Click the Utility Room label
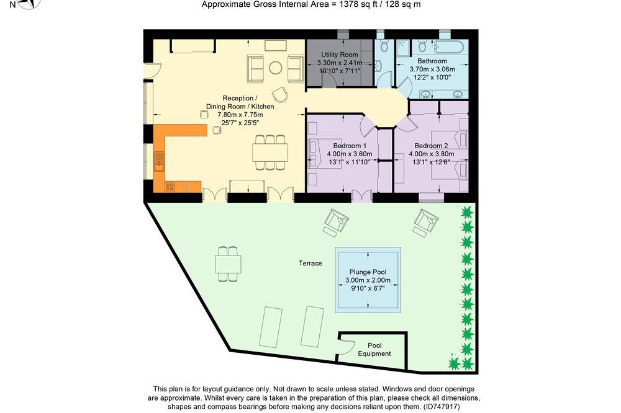(340, 55)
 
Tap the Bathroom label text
(432, 61)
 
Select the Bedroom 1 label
(350, 146)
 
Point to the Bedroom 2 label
(432, 146)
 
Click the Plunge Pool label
(368, 272)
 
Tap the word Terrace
(310, 263)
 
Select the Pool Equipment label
(374, 349)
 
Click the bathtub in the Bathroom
(451, 47)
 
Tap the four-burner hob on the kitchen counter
(170, 186)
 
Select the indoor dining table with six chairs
(270, 153)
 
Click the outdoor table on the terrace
(228, 264)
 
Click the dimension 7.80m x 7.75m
(240, 115)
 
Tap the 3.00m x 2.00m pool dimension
(368, 280)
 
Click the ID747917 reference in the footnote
(441, 406)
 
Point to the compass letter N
(12, 5)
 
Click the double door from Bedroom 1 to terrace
(361, 196)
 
